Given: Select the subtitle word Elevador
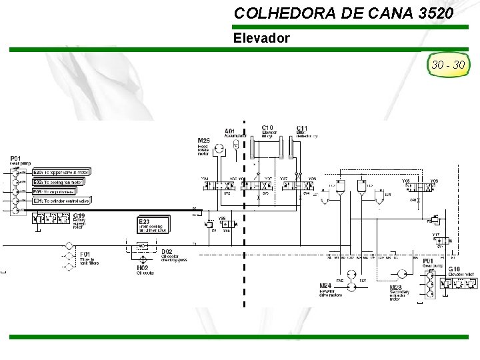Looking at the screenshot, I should pyautogui.click(x=261, y=38).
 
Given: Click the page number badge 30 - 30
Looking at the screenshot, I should pyautogui.click(x=449, y=65).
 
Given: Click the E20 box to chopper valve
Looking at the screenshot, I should pyautogui.click(x=61, y=172).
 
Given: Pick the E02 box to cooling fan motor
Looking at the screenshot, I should pyautogui.click(x=58, y=181).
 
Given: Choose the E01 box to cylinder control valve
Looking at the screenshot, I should pyautogui.click(x=61, y=200).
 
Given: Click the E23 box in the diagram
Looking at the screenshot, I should pyautogui.click(x=154, y=225).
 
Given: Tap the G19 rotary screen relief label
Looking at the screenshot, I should pyautogui.click(x=79, y=219).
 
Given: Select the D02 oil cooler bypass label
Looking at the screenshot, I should pyautogui.click(x=173, y=255).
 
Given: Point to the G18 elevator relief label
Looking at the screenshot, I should pyautogui.click(x=460, y=271).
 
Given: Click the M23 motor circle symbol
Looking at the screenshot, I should pyautogui.click(x=401, y=274).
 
